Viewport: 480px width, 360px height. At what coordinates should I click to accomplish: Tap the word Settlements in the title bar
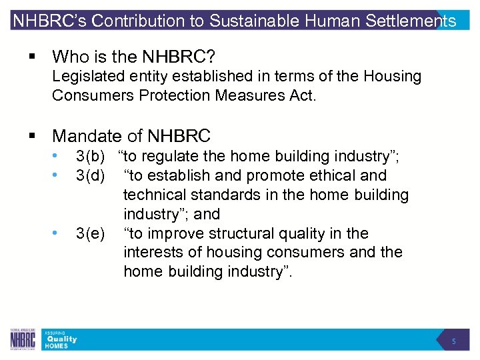[412, 21]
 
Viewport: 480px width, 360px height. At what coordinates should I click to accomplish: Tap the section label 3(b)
[91, 157]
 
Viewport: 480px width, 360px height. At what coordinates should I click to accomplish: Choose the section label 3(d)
[91, 176]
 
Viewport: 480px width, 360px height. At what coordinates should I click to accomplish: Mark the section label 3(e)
[91, 234]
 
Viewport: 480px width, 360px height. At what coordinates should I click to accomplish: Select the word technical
[155, 195]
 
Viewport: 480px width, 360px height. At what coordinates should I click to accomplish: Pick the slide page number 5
[453, 341]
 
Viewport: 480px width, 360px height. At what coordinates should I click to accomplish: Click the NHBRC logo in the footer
[23, 340]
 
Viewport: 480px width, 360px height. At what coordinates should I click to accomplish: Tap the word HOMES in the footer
[57, 346]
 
